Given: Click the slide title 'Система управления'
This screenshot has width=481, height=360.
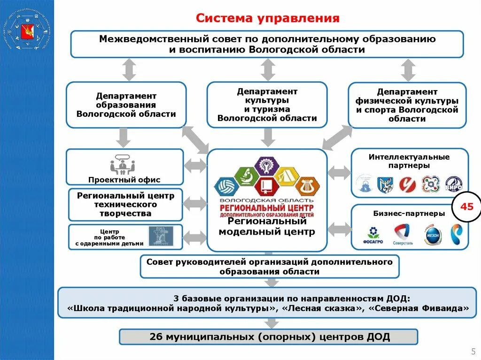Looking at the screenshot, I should [x=267, y=18].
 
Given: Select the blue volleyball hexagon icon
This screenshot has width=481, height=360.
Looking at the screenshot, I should [x=226, y=186].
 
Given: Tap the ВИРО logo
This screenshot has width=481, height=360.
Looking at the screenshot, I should [x=454, y=184].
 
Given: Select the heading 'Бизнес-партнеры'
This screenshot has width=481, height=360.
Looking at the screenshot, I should [x=409, y=214].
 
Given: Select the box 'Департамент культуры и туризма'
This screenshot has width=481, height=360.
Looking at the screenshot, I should [x=267, y=105].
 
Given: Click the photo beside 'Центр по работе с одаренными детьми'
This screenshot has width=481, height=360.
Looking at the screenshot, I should [x=161, y=236].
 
